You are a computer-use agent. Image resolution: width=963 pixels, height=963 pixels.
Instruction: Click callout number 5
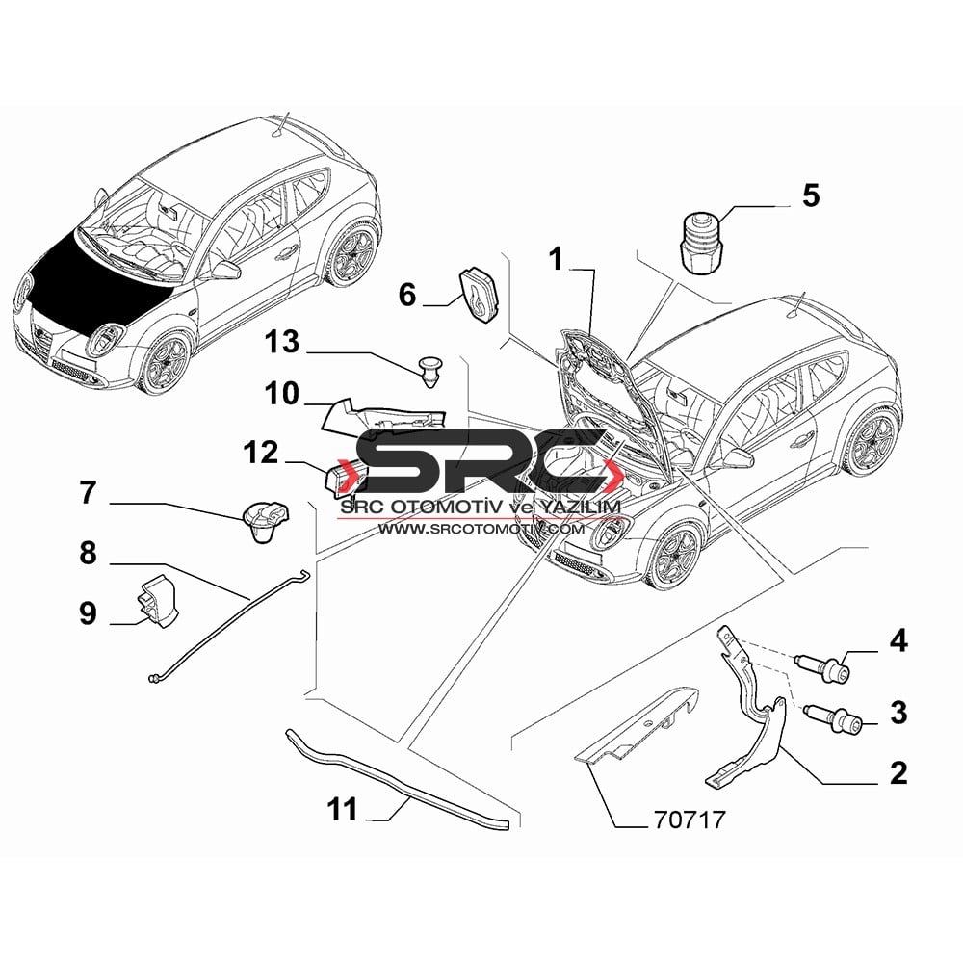click(x=811, y=195)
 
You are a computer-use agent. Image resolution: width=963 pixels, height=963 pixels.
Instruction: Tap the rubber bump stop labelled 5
click(x=703, y=243)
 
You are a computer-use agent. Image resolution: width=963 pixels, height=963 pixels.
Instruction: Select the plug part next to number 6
click(x=479, y=294)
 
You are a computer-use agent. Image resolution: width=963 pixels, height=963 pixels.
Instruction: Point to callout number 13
click(x=282, y=342)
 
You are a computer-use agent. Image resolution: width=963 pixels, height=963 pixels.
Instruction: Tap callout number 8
click(x=89, y=553)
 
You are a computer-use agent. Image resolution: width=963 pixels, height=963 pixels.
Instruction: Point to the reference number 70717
click(x=690, y=820)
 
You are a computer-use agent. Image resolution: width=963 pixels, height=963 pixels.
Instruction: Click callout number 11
click(x=343, y=809)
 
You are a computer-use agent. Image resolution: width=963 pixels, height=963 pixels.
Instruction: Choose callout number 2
click(x=898, y=772)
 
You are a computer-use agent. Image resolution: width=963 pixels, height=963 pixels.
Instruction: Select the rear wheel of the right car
click(x=872, y=440)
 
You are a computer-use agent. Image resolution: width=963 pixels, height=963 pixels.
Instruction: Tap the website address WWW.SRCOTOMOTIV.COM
click(x=481, y=528)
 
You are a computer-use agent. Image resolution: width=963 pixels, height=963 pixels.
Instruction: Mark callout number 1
click(x=556, y=259)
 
